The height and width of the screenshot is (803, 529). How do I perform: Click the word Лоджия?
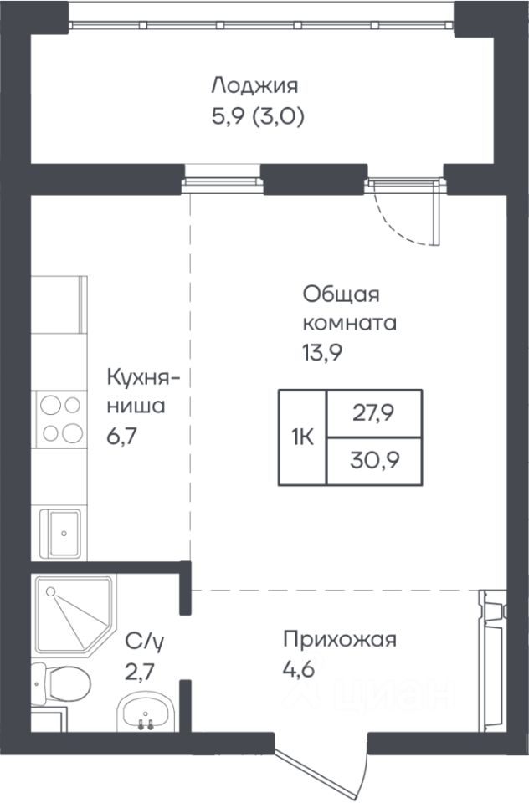tap(254, 85)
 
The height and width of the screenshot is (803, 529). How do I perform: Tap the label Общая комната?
tap(350, 309)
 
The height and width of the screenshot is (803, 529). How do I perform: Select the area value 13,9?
tap(322, 352)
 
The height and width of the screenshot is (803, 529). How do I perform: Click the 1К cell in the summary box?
tap(302, 437)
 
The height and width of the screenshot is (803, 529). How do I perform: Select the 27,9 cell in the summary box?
tap(374, 414)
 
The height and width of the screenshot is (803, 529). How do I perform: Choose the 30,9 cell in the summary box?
tap(374, 461)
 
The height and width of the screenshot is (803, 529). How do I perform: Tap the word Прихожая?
tap(341, 640)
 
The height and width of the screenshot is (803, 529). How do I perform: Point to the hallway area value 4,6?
tap(298, 669)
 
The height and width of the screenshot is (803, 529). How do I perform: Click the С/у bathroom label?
tap(145, 642)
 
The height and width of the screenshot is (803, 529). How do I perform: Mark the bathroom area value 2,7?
tap(140, 671)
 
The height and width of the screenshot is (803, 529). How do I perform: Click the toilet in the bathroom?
tap(60, 683)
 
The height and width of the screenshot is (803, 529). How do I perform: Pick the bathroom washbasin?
tap(146, 713)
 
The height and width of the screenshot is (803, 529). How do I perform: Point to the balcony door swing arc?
tap(395, 225)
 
